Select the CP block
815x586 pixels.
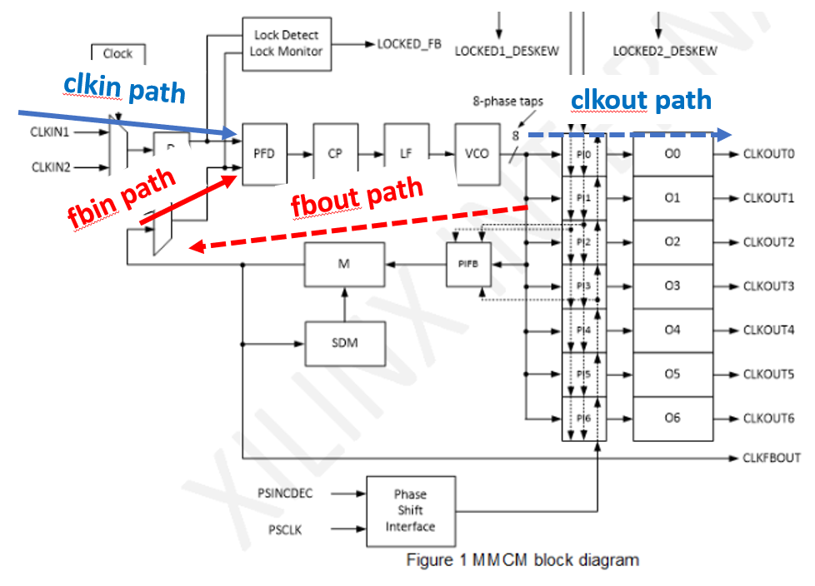(x=334, y=154)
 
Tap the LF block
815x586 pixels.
(x=406, y=154)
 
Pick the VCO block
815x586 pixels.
(x=477, y=154)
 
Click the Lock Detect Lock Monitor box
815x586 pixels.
(x=286, y=43)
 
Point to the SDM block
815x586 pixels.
(x=344, y=342)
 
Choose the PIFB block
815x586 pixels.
(x=467, y=265)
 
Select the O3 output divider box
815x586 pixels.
(x=672, y=286)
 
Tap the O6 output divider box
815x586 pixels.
(x=672, y=418)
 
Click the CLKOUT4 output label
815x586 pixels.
(x=768, y=330)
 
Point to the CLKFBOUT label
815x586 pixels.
(x=771, y=458)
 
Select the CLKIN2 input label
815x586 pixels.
(x=52, y=167)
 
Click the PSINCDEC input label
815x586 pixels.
(x=285, y=494)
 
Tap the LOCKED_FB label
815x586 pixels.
(x=409, y=44)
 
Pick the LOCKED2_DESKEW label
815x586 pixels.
(x=665, y=51)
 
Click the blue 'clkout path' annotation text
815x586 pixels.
(x=641, y=101)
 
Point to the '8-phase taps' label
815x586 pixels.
(x=507, y=102)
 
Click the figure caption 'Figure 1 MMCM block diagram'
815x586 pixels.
(x=522, y=559)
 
